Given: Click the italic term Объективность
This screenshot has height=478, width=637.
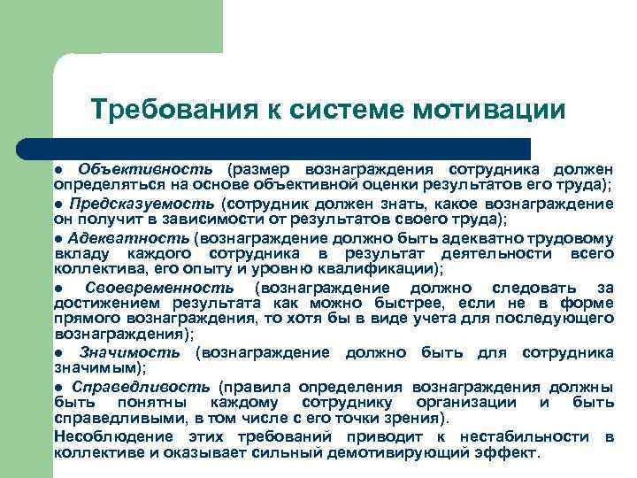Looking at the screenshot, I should pyautogui.click(x=145, y=169).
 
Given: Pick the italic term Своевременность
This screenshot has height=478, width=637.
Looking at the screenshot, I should pyautogui.click(x=160, y=288).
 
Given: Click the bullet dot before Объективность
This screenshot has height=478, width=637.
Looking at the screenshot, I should pyautogui.click(x=58, y=170).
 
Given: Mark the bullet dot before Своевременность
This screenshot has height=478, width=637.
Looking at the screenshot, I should pyautogui.click(x=58, y=289).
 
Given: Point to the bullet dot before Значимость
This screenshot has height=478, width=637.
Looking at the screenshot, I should pyautogui.click(x=58, y=353).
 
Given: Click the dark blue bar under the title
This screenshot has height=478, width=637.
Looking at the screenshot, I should pyautogui.click(x=292, y=148).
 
